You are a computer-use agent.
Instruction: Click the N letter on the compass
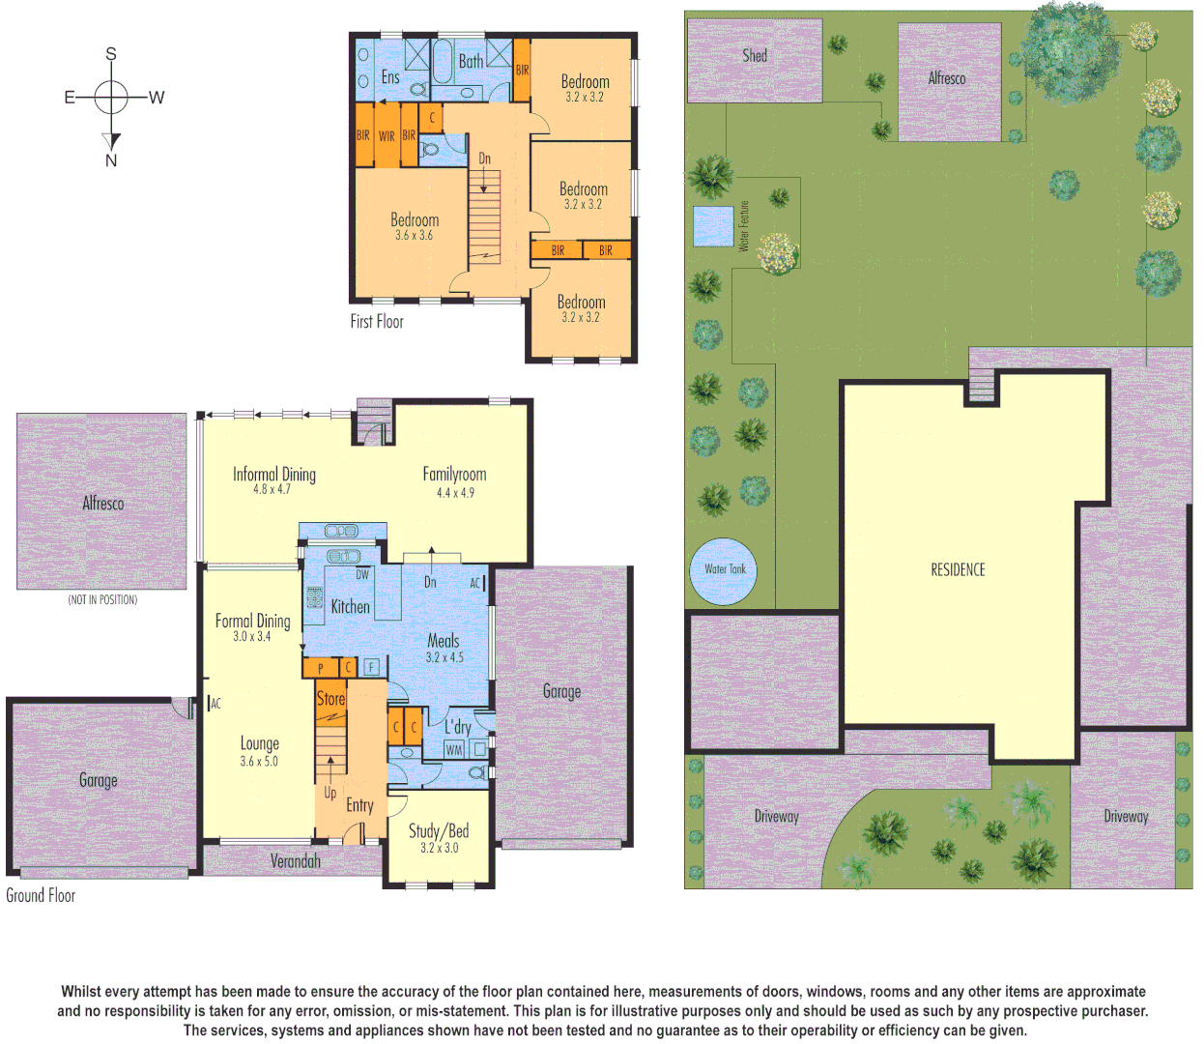(111, 160)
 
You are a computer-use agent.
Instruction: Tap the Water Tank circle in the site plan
(725, 570)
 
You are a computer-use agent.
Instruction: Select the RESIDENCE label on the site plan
(958, 570)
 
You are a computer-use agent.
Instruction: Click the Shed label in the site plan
(755, 56)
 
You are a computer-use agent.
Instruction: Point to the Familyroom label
(454, 474)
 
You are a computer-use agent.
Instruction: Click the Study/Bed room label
(439, 830)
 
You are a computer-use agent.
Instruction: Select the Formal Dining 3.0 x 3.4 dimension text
(252, 637)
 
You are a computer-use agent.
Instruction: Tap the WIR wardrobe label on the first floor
(387, 136)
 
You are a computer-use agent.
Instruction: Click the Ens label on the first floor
(390, 77)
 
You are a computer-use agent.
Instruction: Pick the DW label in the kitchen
(362, 574)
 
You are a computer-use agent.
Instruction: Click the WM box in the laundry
(454, 749)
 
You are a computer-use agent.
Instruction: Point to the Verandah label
(295, 861)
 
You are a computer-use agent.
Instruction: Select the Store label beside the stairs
(330, 698)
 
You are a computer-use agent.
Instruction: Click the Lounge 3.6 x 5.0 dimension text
(259, 762)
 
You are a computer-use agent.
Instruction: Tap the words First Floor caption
(377, 322)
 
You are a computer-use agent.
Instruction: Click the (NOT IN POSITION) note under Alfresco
(102, 600)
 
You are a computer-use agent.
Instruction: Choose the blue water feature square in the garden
(713, 226)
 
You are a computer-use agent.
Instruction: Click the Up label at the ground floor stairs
(330, 793)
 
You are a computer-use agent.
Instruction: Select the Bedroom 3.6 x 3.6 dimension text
(414, 236)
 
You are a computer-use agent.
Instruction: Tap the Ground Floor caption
(41, 895)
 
